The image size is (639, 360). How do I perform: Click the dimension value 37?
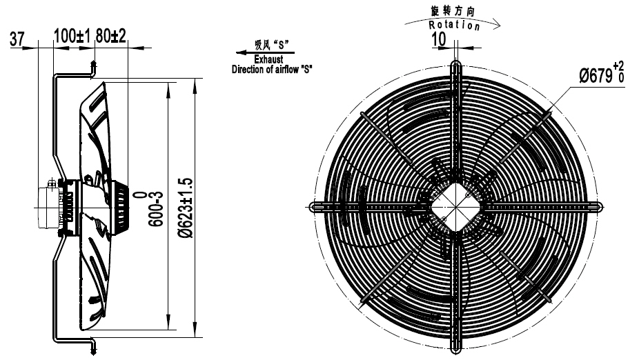pos(18,39)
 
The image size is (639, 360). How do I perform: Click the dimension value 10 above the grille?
pos(438,39)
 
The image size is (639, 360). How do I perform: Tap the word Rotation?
pos(454,26)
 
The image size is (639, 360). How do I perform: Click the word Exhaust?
pos(269,61)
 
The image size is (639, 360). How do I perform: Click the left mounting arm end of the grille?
pos(313,206)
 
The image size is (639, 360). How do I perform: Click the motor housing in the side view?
pos(50,205)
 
